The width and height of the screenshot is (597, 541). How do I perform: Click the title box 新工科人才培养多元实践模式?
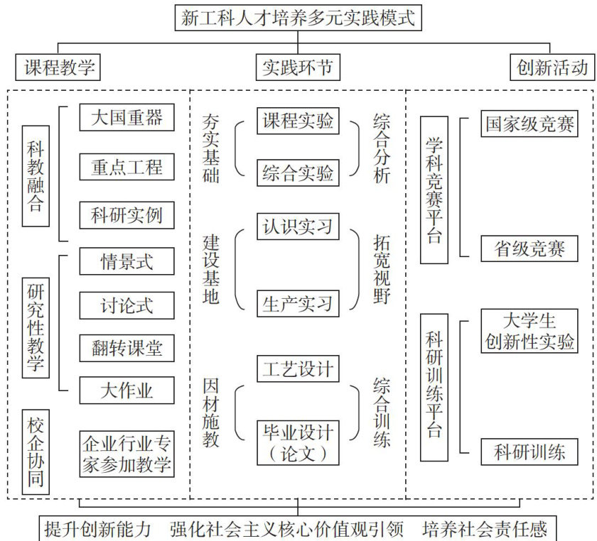click(298, 18)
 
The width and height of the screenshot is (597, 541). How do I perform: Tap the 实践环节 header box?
click(298, 68)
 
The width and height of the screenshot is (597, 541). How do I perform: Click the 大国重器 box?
click(127, 118)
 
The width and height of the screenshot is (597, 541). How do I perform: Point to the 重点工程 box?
click(127, 167)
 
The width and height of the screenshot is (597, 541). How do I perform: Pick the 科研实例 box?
click(127, 215)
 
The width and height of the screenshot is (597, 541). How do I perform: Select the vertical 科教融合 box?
click(36, 175)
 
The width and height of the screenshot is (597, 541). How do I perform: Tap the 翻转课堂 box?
click(127, 347)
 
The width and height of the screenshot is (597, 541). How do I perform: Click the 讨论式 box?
click(127, 305)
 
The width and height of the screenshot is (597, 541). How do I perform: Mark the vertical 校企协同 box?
click(36, 450)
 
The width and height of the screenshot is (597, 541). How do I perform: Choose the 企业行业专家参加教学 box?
click(127, 454)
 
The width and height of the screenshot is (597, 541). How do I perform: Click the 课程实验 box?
click(298, 121)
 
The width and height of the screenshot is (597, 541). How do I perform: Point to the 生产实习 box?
click(298, 304)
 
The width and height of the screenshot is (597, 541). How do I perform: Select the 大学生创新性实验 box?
click(529, 331)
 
